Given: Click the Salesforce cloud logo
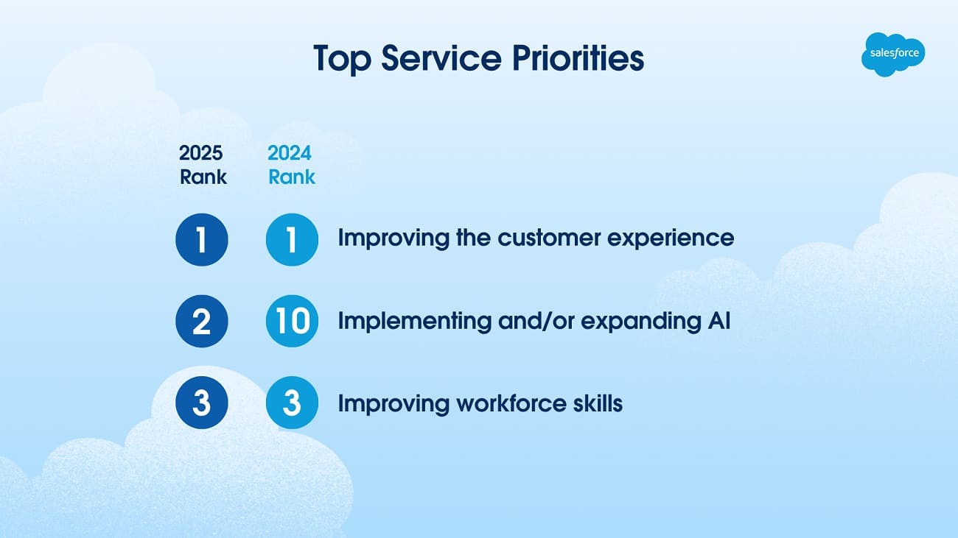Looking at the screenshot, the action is [x=892, y=54].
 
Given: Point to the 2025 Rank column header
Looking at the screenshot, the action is [x=203, y=165].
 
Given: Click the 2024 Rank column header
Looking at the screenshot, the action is [x=291, y=165].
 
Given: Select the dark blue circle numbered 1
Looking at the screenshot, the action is [x=202, y=239].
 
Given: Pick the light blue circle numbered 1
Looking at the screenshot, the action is [x=292, y=239].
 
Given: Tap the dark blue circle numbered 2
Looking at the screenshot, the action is [x=202, y=322].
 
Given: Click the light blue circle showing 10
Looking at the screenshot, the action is [x=292, y=322].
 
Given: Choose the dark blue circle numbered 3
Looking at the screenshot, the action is [x=202, y=403].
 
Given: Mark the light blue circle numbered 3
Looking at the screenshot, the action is [x=292, y=403].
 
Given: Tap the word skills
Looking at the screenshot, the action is [x=598, y=403].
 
